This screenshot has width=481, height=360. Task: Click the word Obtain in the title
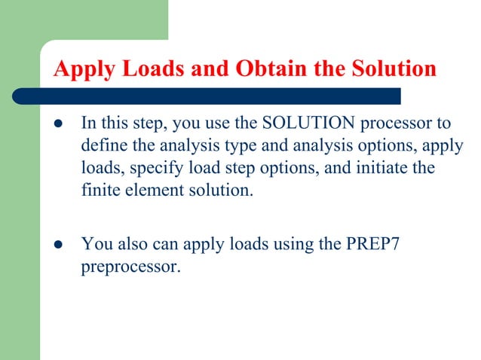tap(269, 69)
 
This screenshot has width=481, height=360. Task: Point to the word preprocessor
tap(130, 266)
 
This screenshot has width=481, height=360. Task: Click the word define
tap(103, 145)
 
